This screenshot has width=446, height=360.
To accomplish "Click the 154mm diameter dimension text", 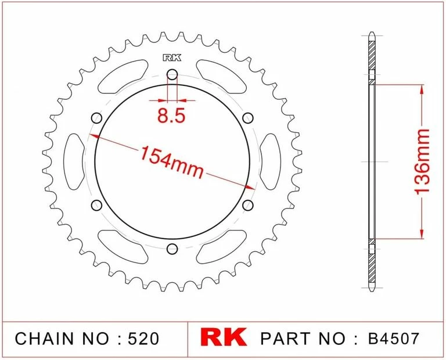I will [171, 161].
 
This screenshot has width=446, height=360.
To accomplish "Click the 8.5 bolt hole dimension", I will [171, 116].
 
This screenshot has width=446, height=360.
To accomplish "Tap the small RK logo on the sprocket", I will [172, 57].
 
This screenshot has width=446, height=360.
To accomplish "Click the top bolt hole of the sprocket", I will [172, 74].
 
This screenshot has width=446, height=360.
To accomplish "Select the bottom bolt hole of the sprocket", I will [172, 249].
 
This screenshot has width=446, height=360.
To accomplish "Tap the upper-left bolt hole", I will [96, 118].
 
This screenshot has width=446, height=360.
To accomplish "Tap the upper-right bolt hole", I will [248, 118].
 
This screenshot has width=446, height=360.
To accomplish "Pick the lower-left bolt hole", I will [96, 205].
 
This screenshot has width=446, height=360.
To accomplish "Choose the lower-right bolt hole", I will [248, 205].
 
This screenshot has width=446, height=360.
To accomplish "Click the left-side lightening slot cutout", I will [74, 161].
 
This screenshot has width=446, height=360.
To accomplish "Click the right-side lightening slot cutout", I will [269, 161].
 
